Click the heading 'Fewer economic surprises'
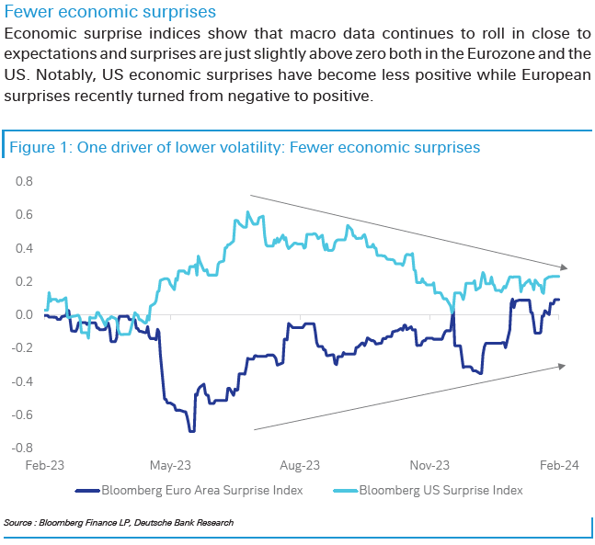click(110, 12)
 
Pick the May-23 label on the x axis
click(170, 466)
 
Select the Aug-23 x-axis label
click(300, 466)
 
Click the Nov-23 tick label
click(429, 466)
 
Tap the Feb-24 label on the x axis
click(559, 466)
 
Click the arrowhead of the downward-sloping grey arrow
click(561, 267)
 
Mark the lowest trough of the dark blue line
click(191, 430)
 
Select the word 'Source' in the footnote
click(19, 522)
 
